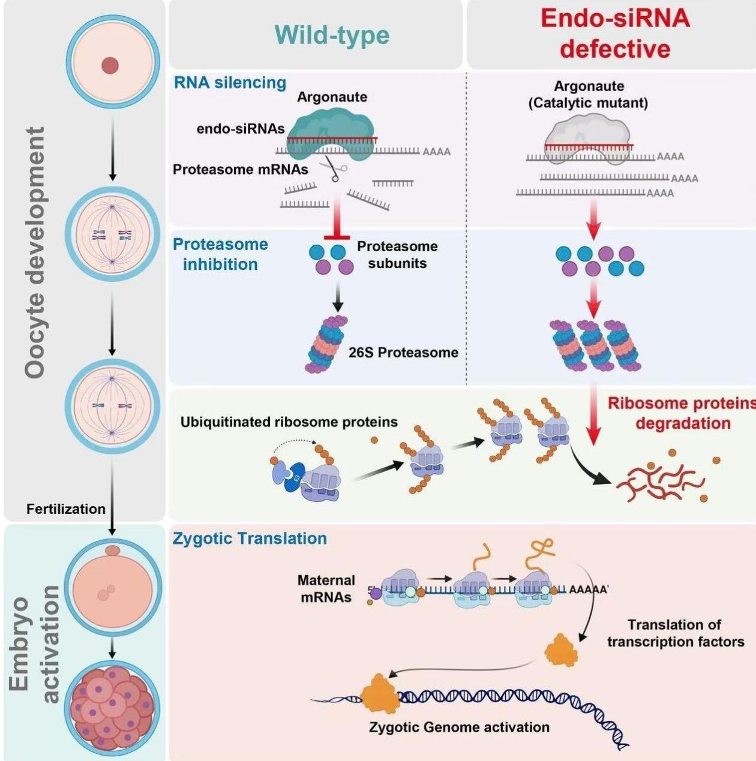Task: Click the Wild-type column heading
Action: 332,35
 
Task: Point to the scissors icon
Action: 332,169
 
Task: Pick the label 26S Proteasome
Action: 403,353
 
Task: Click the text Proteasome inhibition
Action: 220,254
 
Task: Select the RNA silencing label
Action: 230,83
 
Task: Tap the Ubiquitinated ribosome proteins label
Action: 289,422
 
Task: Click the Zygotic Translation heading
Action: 250,539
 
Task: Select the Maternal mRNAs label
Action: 326,589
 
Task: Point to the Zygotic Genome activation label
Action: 459,727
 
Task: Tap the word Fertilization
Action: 66,509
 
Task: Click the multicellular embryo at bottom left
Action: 112,709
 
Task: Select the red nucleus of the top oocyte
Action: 110,65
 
